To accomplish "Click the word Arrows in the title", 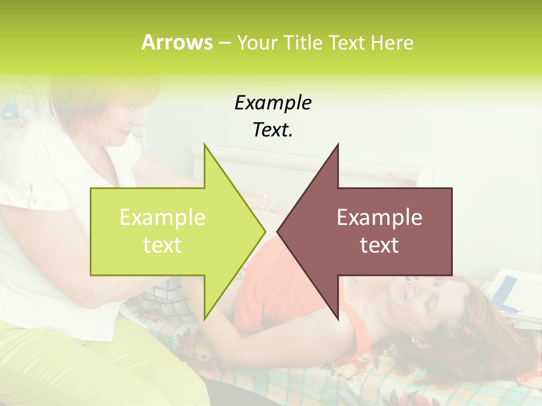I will (176, 42).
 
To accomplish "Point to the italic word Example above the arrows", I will (273, 103).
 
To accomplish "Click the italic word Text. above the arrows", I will (273, 130).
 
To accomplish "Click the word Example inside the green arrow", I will (163, 218).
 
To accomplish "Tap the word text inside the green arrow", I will (163, 245).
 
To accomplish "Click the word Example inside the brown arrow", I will (379, 218).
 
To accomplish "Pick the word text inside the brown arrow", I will (379, 245).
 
